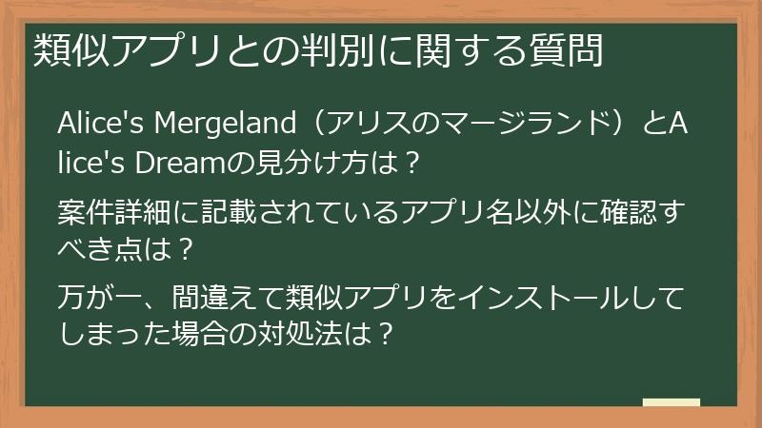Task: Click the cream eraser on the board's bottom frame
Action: tap(671, 402)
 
